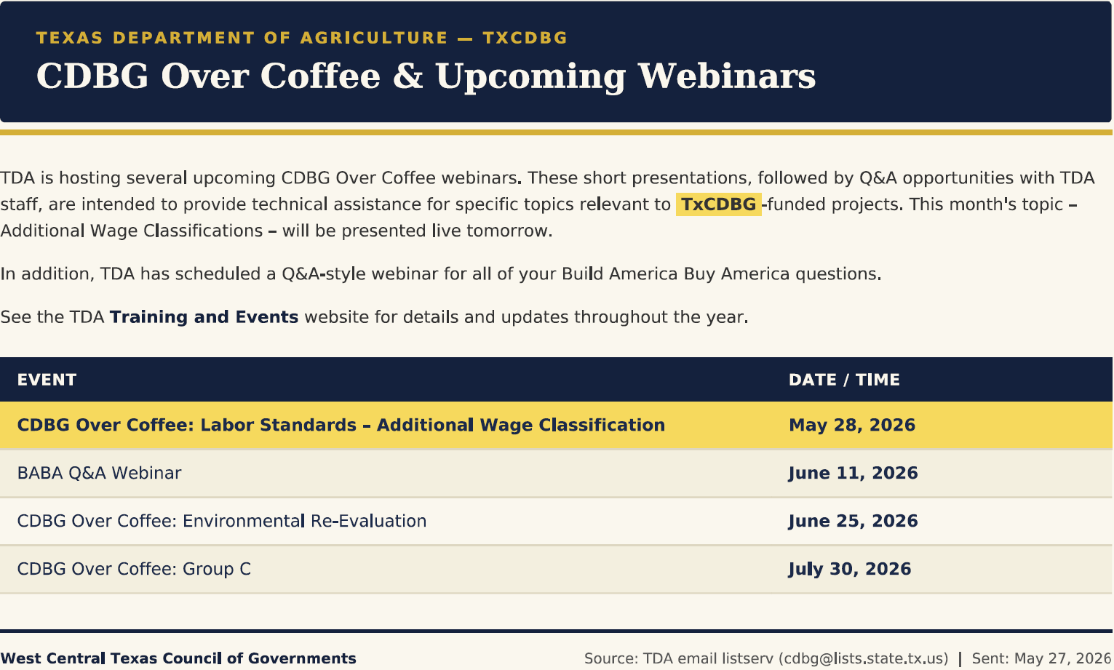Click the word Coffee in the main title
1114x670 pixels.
click(319, 76)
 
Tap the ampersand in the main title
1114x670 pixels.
click(407, 76)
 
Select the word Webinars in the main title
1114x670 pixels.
click(727, 76)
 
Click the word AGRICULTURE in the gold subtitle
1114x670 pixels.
click(374, 38)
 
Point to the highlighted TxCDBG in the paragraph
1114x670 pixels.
click(718, 204)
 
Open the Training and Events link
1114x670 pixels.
click(204, 317)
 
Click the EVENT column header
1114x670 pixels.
click(47, 380)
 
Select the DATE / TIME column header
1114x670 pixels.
click(844, 380)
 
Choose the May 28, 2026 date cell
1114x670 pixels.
click(852, 425)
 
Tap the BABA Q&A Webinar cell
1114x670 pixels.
click(99, 473)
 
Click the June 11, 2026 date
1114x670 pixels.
click(853, 473)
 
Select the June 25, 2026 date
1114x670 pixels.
click(853, 521)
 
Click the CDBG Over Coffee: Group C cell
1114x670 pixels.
click(134, 569)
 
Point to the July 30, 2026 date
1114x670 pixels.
click(849, 569)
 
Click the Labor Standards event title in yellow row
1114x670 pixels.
click(341, 425)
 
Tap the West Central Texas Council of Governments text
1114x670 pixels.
click(178, 658)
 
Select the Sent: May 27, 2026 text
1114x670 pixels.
click(1041, 658)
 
